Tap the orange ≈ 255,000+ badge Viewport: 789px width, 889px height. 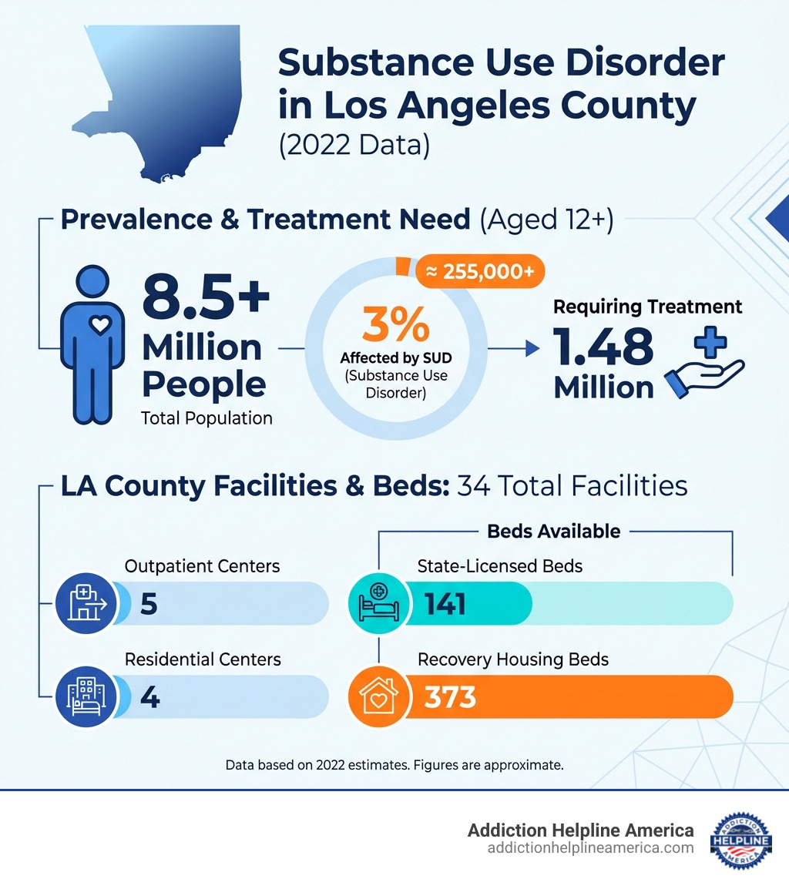(x=480, y=272)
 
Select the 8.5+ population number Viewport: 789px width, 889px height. (x=206, y=299)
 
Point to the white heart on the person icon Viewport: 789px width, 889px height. (x=100, y=325)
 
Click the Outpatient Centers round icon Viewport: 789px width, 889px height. (x=86, y=602)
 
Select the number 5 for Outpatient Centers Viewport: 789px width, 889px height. (x=149, y=604)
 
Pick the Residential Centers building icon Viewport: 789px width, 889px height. (x=86, y=696)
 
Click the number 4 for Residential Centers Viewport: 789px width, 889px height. (x=149, y=697)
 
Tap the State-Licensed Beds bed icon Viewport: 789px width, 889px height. (x=378, y=602)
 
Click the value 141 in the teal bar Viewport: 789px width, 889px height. (x=446, y=604)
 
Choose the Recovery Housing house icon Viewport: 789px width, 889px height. (x=378, y=696)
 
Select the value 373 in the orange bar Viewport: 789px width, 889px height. (x=450, y=697)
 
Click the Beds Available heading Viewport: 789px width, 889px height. (x=553, y=531)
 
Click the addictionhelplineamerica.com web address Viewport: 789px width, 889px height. (x=590, y=847)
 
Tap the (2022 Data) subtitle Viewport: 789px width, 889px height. (x=354, y=144)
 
